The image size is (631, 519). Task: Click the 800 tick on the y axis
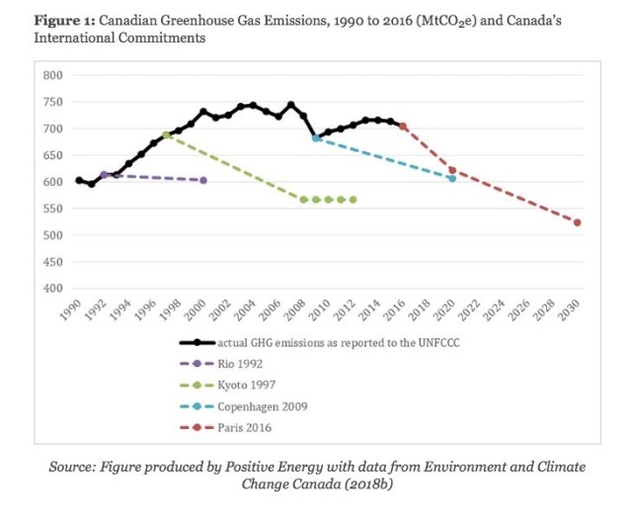click(x=52, y=75)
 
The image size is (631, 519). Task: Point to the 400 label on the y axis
click(x=52, y=289)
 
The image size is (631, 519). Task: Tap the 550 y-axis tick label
click(x=52, y=209)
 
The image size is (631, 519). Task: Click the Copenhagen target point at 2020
click(x=452, y=179)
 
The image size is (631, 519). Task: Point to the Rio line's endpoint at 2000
click(x=203, y=180)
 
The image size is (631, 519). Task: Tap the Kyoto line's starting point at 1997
click(x=166, y=134)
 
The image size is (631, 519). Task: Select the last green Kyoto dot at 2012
click(x=353, y=200)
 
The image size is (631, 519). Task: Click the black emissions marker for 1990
click(x=79, y=180)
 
